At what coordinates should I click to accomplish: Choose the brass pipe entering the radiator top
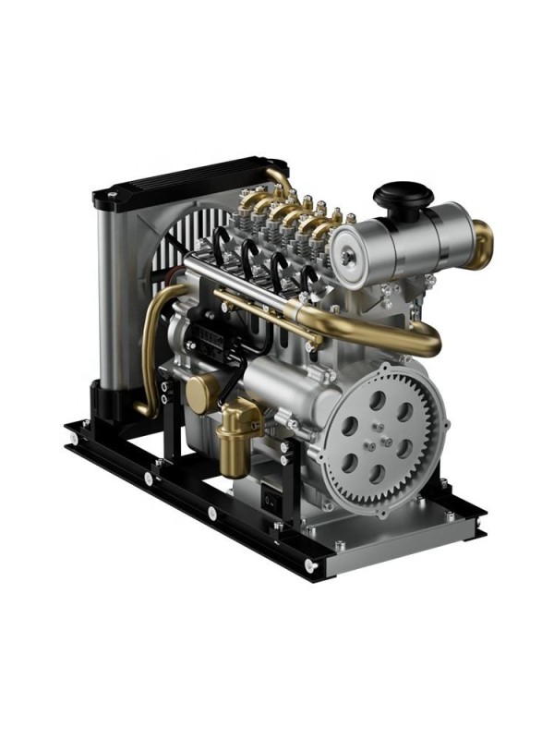point(280,180)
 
